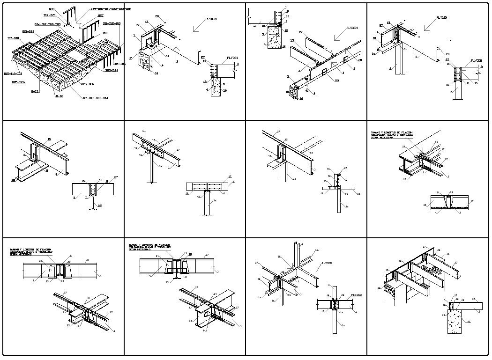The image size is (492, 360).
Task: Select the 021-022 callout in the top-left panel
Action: [28, 31]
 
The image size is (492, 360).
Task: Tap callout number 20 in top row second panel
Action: [157, 16]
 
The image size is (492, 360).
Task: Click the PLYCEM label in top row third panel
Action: [352, 28]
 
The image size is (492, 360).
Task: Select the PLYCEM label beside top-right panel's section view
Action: [477, 60]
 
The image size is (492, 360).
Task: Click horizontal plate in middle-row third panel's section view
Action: [338, 188]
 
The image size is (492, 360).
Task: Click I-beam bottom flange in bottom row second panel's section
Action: [176, 279]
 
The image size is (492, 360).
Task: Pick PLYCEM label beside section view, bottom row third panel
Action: [357, 295]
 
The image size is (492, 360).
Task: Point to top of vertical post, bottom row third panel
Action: [295, 244]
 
